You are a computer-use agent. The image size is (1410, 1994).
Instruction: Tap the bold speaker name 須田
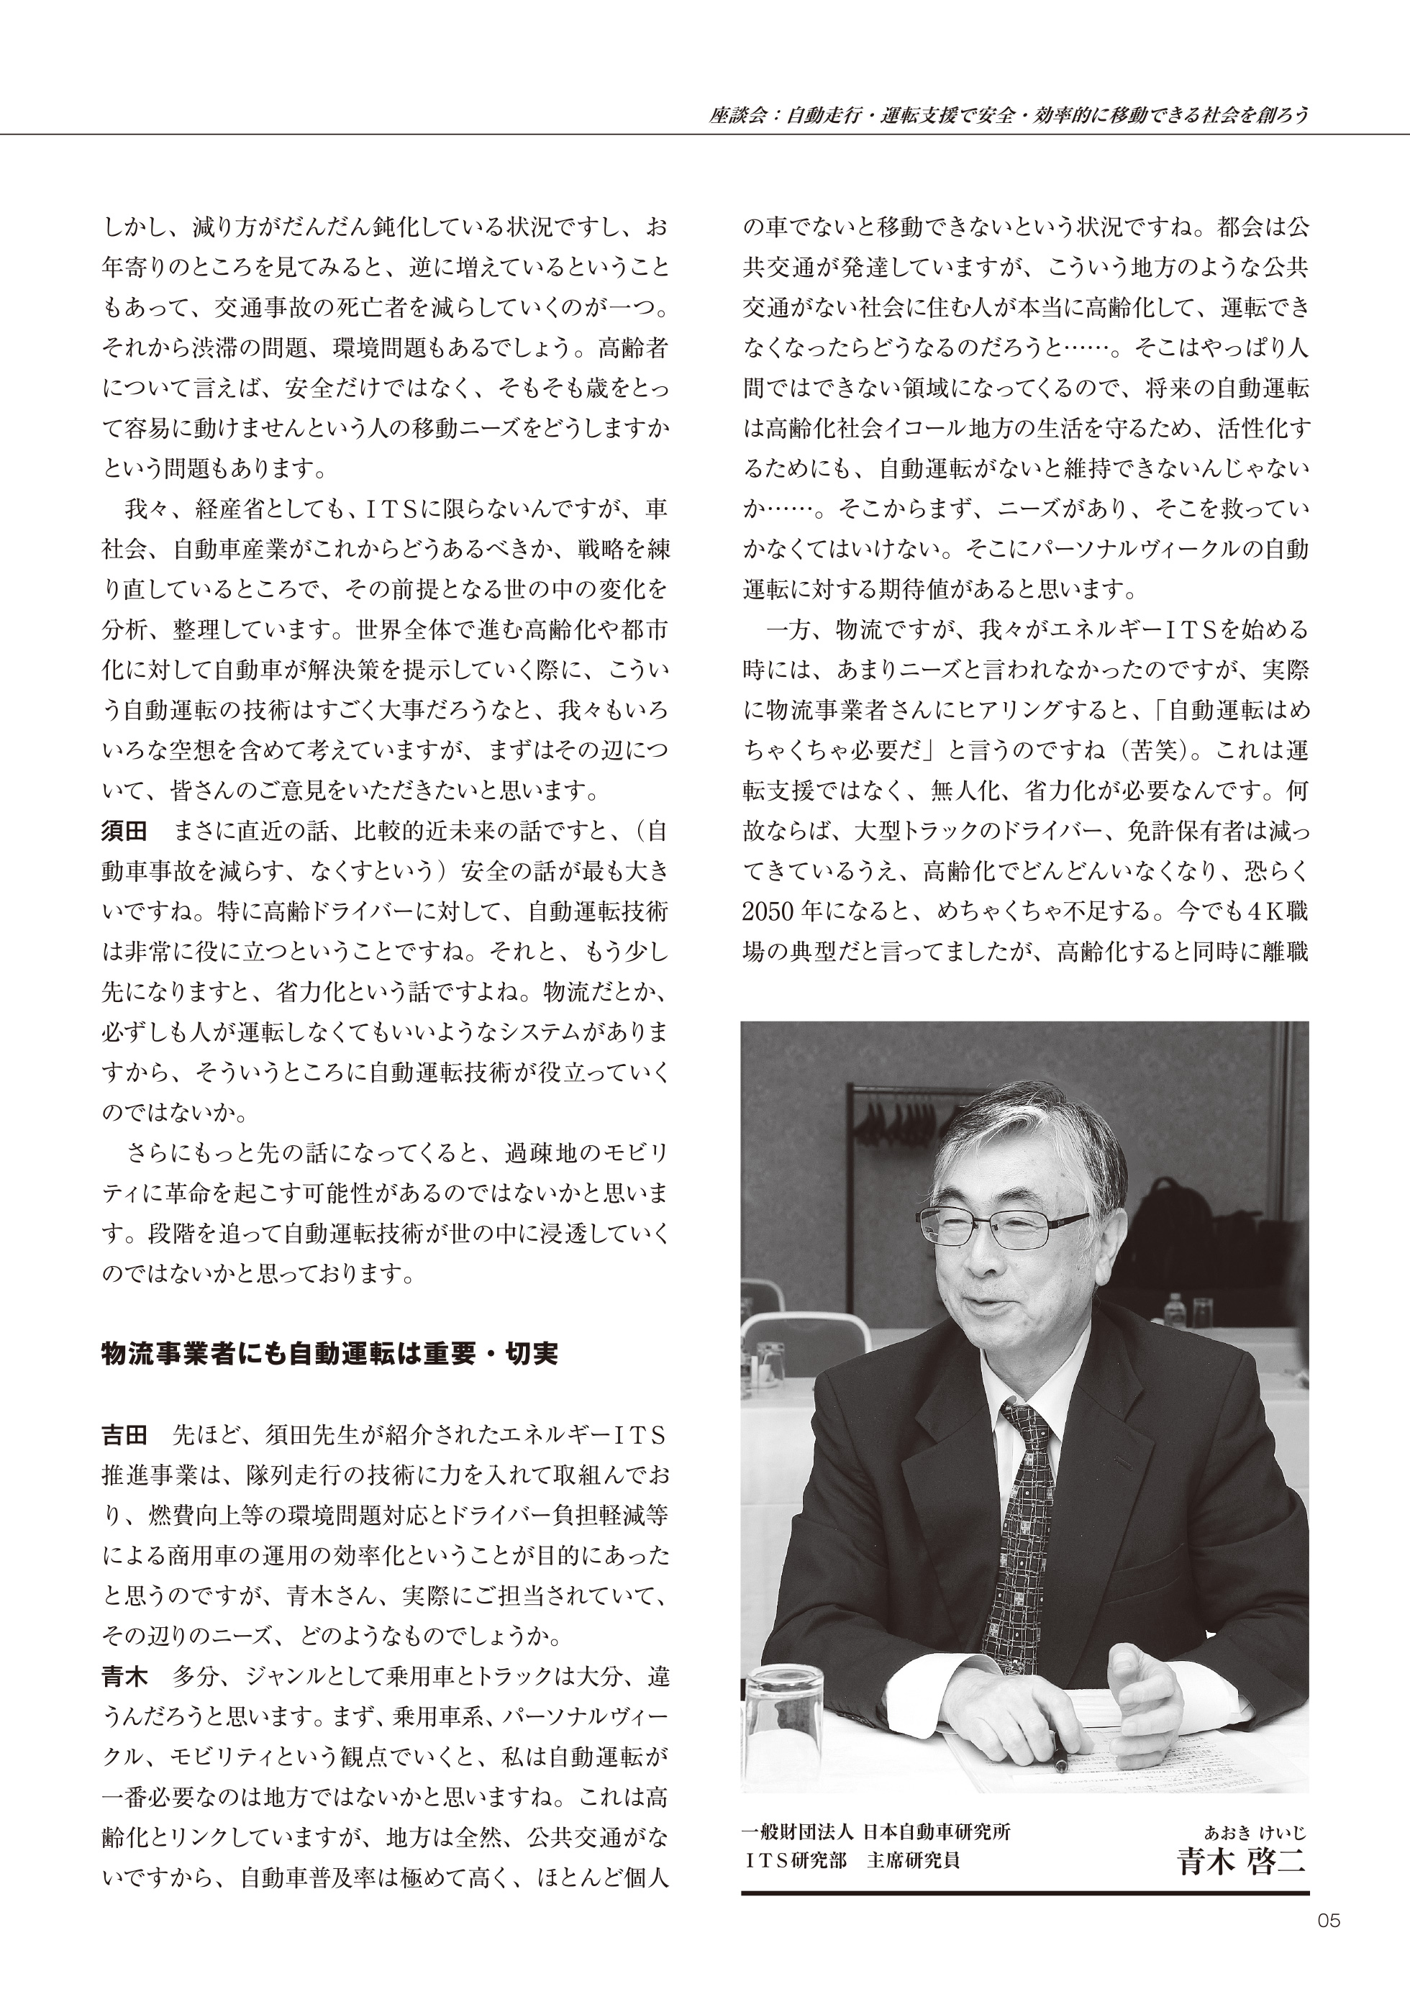[x=124, y=831]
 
